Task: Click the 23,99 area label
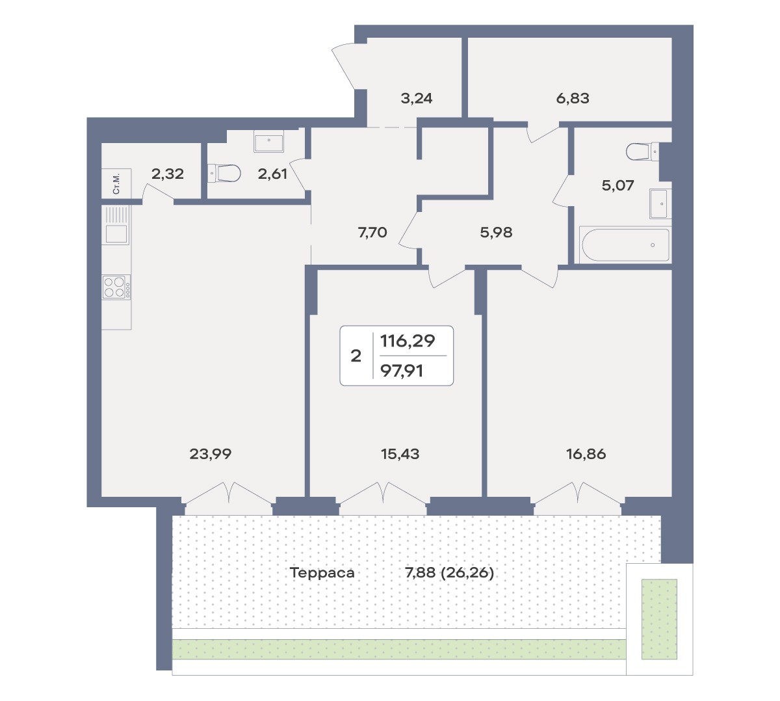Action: click(x=210, y=454)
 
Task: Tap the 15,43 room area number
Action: click(x=400, y=454)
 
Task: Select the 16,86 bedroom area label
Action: click(x=586, y=454)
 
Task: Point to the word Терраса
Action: click(x=322, y=573)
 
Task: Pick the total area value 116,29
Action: click(x=408, y=341)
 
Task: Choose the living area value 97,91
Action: click(x=402, y=371)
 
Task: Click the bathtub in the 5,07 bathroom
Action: click(x=625, y=245)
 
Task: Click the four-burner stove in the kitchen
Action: click(x=116, y=287)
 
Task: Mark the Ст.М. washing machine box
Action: click(x=116, y=183)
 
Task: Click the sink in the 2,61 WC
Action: click(x=268, y=141)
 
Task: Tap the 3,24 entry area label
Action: click(x=417, y=99)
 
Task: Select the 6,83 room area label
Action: click(x=573, y=99)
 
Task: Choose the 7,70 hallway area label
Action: click(x=372, y=233)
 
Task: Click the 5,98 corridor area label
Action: click(x=496, y=233)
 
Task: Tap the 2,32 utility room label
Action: click(x=168, y=174)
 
